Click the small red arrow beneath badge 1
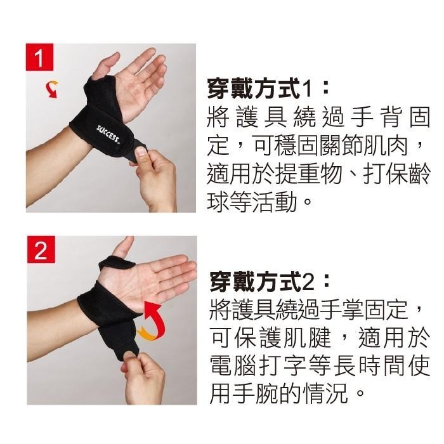coord(47,89)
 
